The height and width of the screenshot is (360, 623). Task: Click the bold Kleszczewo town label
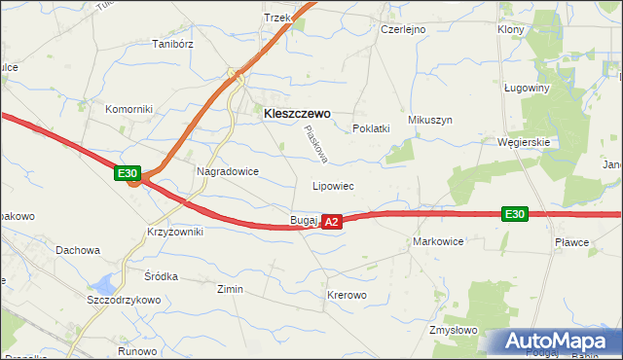click(297, 113)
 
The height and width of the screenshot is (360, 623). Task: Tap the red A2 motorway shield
click(332, 222)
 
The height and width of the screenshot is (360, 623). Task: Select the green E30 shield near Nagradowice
click(128, 173)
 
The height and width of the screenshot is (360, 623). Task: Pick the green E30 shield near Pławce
click(515, 214)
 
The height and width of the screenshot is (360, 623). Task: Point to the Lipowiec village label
click(332, 185)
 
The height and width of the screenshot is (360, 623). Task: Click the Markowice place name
click(438, 240)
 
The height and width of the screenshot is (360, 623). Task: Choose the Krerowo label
click(347, 295)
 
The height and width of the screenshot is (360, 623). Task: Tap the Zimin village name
click(230, 289)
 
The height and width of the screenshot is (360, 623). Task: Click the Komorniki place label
click(129, 109)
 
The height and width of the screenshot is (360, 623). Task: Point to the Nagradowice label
click(228, 170)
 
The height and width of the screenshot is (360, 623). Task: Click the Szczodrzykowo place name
click(123, 300)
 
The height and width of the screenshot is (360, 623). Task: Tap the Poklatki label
click(371, 128)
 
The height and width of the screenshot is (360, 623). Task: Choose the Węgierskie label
click(525, 141)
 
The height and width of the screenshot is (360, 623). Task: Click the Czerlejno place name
click(403, 30)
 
